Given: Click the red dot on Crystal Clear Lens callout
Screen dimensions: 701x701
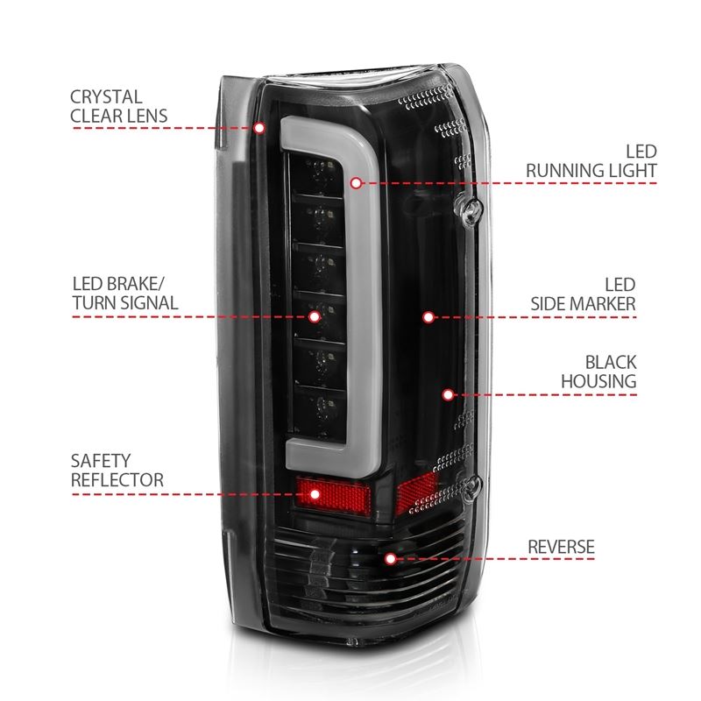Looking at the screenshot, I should [260, 128].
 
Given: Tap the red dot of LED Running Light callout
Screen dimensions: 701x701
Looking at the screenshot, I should [356, 183].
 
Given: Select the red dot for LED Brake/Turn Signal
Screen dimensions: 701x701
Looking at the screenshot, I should [315, 315].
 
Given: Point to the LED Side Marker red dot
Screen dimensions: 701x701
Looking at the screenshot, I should [428, 316].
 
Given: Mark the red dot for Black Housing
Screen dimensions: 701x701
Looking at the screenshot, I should [448, 394].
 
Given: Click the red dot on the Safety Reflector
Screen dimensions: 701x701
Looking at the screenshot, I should [315, 494].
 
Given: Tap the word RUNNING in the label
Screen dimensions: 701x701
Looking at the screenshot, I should [567, 170].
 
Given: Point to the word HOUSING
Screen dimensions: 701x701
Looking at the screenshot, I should [598, 381].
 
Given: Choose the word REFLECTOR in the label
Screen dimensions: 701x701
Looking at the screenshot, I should [117, 480].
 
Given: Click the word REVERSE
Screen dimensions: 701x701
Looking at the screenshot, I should [561, 548].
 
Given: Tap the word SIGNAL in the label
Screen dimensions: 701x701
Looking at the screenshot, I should [150, 303].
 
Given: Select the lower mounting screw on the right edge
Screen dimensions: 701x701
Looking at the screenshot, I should [474, 483].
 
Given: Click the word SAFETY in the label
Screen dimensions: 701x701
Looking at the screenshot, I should [101, 461].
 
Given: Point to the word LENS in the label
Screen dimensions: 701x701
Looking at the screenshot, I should [146, 116].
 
